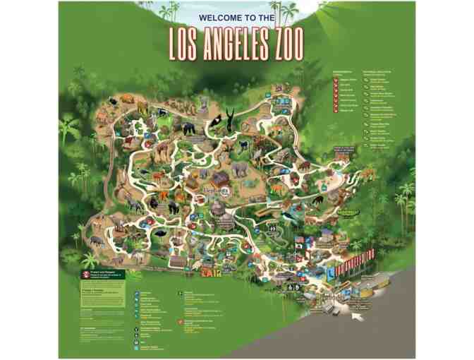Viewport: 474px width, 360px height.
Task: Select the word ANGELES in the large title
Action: pyautogui.click(x=239, y=44)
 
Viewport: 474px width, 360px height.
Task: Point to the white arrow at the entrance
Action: pyautogui.click(x=358, y=315)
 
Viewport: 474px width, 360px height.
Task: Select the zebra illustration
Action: pyautogui.click(x=134, y=205)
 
